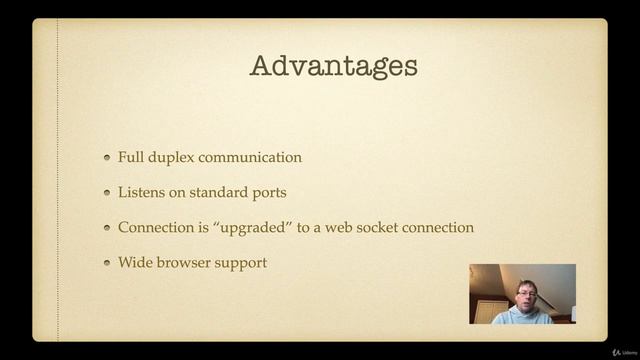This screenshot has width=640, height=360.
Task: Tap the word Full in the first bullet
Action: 130,157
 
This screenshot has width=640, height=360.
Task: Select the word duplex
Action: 173,158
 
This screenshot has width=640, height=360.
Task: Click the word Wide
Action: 135,262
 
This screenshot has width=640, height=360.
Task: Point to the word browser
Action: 187,262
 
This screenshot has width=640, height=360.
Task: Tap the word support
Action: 244,263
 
